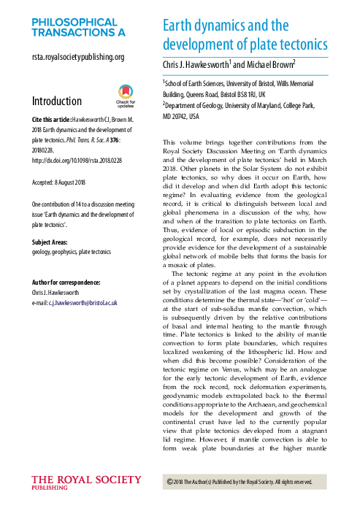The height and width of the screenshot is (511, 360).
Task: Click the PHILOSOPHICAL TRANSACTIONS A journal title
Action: pyautogui.click(x=78, y=28)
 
